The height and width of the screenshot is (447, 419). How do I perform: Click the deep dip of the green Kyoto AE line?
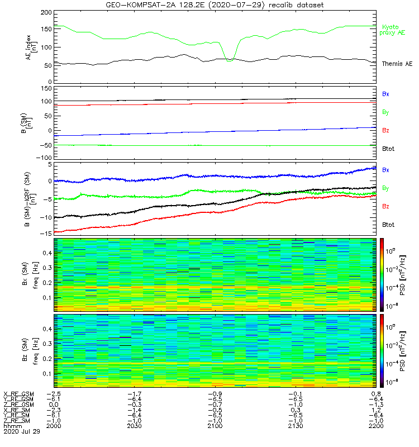click(x=230, y=59)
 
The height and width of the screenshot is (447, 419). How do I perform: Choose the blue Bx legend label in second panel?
click(x=385, y=94)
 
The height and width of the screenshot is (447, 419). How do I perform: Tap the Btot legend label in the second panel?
click(x=388, y=149)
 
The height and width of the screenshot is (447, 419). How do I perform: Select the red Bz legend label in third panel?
click(x=385, y=206)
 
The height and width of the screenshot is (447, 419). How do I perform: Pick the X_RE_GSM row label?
click(x=18, y=394)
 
